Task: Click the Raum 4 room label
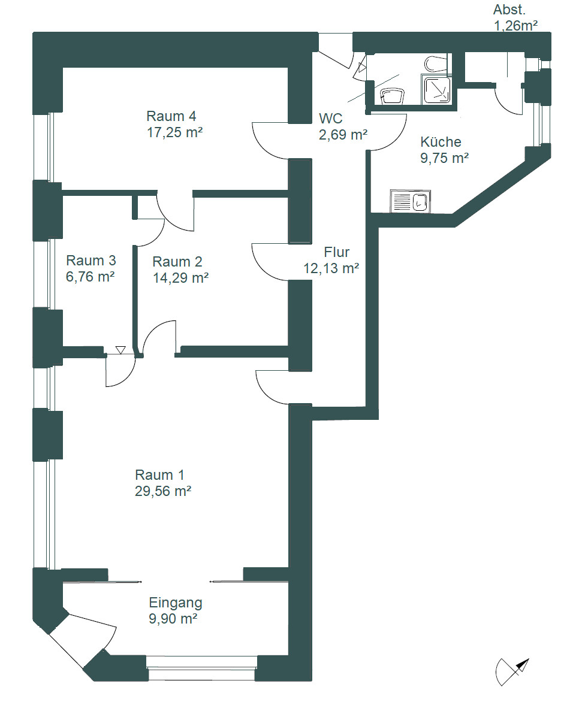click(x=171, y=116)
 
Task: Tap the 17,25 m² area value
click(x=174, y=132)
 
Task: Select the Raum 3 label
click(x=91, y=261)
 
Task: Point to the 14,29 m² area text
click(x=180, y=278)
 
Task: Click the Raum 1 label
click(x=159, y=475)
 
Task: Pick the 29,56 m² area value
click(x=163, y=491)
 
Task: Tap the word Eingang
click(x=176, y=603)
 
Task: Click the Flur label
click(x=336, y=252)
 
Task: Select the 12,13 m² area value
click(x=331, y=268)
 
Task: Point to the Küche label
click(x=441, y=142)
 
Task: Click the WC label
click(x=331, y=119)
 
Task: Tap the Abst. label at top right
click(x=509, y=10)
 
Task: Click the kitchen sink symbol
click(x=411, y=201)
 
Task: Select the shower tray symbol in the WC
click(x=436, y=89)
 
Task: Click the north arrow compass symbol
click(x=512, y=671)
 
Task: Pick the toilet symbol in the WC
click(x=392, y=96)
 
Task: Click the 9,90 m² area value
click(x=173, y=619)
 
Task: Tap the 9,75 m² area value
click(x=444, y=158)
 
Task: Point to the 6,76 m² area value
click(x=91, y=277)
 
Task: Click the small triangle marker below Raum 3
click(x=120, y=349)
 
